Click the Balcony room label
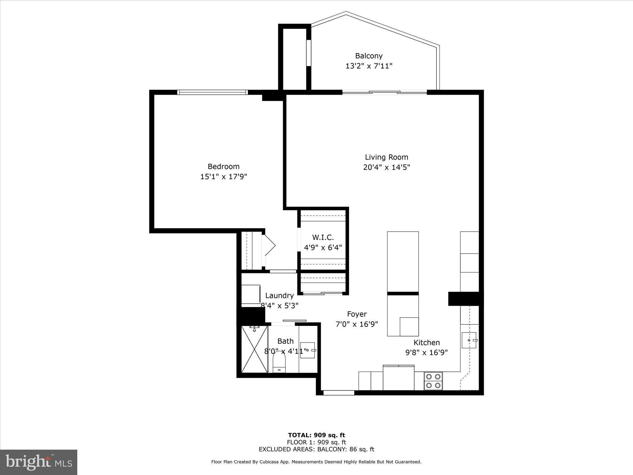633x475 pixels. (x=369, y=56)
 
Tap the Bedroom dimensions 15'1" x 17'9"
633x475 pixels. (x=224, y=177)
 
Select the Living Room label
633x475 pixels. (x=386, y=157)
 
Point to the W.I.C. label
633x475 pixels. (x=323, y=237)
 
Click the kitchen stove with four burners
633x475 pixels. (x=433, y=381)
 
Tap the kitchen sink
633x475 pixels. (x=469, y=340)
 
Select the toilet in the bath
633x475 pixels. (x=279, y=362)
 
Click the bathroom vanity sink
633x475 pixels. (x=308, y=350)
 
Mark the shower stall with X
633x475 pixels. (x=254, y=349)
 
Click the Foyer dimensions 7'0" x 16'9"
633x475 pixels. (x=357, y=324)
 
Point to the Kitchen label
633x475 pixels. (x=427, y=343)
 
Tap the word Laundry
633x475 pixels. (x=279, y=296)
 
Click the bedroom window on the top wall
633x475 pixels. (x=212, y=92)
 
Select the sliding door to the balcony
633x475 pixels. (x=384, y=92)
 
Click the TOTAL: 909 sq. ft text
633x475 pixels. (x=316, y=435)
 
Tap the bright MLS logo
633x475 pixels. (x=39, y=462)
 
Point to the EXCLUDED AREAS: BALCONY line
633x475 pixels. (x=316, y=449)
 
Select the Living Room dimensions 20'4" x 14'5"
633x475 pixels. (x=386, y=168)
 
